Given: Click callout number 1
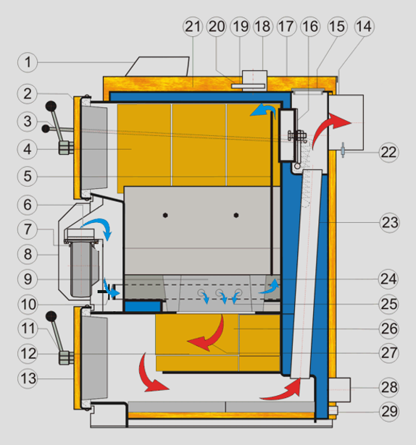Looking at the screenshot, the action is pos(28,62).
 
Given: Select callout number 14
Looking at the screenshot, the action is pos(365,26).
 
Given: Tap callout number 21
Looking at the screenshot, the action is pos(193,26).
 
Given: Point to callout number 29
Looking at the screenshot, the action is pos(389,412).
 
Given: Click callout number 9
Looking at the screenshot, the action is pos(28,279).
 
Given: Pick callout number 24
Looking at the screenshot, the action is pos(388,279).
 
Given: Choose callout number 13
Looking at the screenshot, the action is pos(28,378).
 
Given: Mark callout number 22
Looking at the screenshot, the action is pos(389,153).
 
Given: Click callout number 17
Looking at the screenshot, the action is pos(286,26).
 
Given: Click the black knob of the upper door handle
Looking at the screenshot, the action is pos(51,106).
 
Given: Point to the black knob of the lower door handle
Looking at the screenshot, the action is pos(51,316).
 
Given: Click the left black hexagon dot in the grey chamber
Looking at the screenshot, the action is pos(165,215).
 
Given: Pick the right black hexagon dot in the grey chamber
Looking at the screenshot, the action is pos(236,215).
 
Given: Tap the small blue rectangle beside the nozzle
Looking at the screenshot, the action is pos(143,306).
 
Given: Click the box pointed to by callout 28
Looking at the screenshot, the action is pos(339,390).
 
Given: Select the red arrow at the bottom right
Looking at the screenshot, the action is pos(281,391).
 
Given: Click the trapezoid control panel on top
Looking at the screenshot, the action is pos(157,67).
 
